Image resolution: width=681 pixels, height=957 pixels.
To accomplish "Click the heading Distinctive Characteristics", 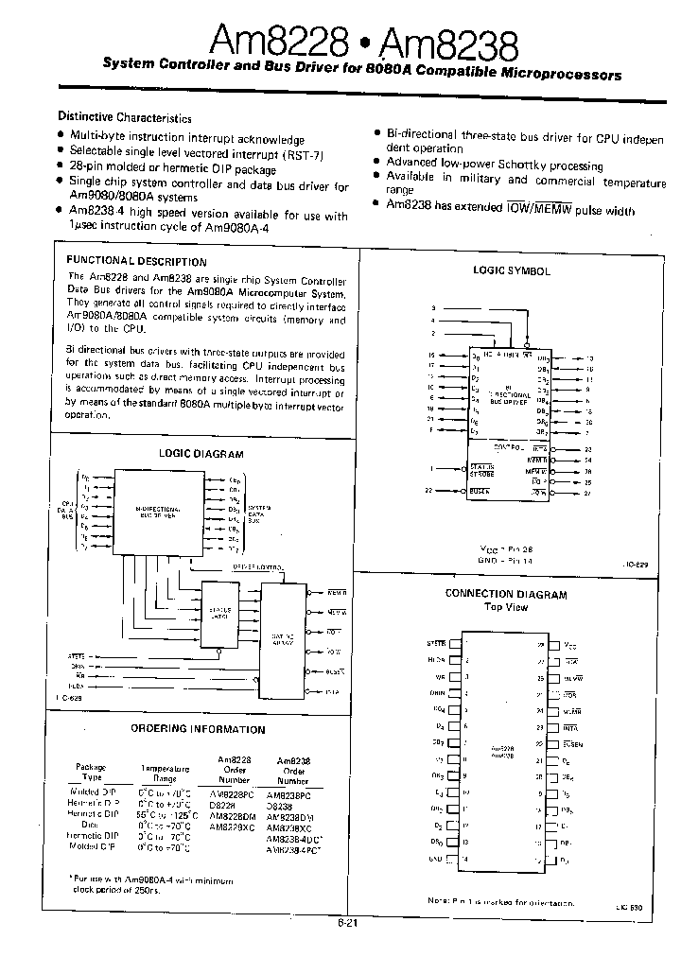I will pyautogui.click(x=125, y=117).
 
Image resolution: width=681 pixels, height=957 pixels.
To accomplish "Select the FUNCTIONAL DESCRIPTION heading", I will pyautogui.click(x=136, y=262).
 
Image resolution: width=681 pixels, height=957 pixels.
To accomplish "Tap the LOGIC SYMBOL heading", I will pyautogui.click(x=511, y=270).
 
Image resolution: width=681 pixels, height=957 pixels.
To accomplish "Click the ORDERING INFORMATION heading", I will pyautogui.click(x=198, y=729).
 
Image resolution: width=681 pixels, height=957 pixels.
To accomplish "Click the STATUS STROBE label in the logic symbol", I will pyautogui.click(x=482, y=469).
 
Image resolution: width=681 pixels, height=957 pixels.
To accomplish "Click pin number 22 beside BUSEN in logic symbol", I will pyautogui.click(x=428, y=491).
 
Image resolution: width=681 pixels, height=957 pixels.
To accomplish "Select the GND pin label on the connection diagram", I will pyautogui.click(x=435, y=859).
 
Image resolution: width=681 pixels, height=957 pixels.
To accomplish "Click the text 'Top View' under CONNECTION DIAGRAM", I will pyautogui.click(x=505, y=607).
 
